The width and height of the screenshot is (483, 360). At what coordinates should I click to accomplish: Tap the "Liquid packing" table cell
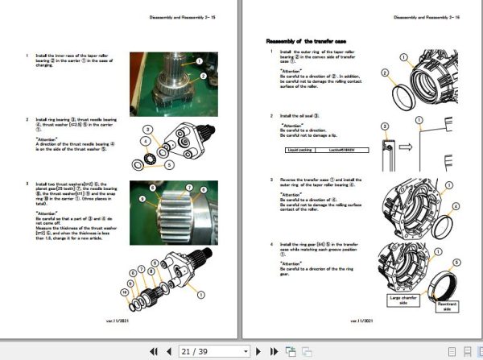click(x=300, y=150)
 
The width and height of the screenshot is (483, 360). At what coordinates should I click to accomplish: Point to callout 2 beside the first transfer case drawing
click(x=385, y=72)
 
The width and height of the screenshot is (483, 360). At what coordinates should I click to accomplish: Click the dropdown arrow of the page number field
click(x=246, y=351)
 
